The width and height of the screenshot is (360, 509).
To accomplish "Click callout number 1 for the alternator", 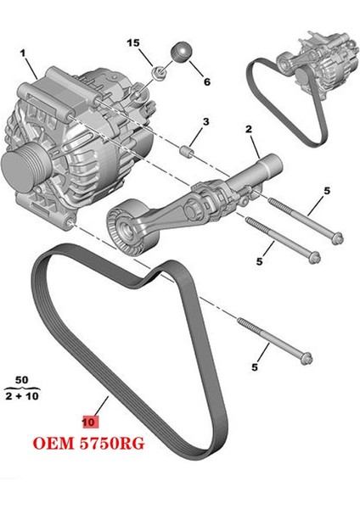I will pyautogui.click(x=23, y=52).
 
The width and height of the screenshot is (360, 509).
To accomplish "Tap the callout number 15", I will pyautogui.click(x=155, y=42).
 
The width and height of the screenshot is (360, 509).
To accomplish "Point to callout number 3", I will pyautogui.click(x=204, y=124).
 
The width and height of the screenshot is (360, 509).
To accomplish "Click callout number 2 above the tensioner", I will pyautogui.click(x=249, y=129).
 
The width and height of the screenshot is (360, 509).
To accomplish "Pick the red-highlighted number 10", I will pyautogui.click(x=88, y=420).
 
